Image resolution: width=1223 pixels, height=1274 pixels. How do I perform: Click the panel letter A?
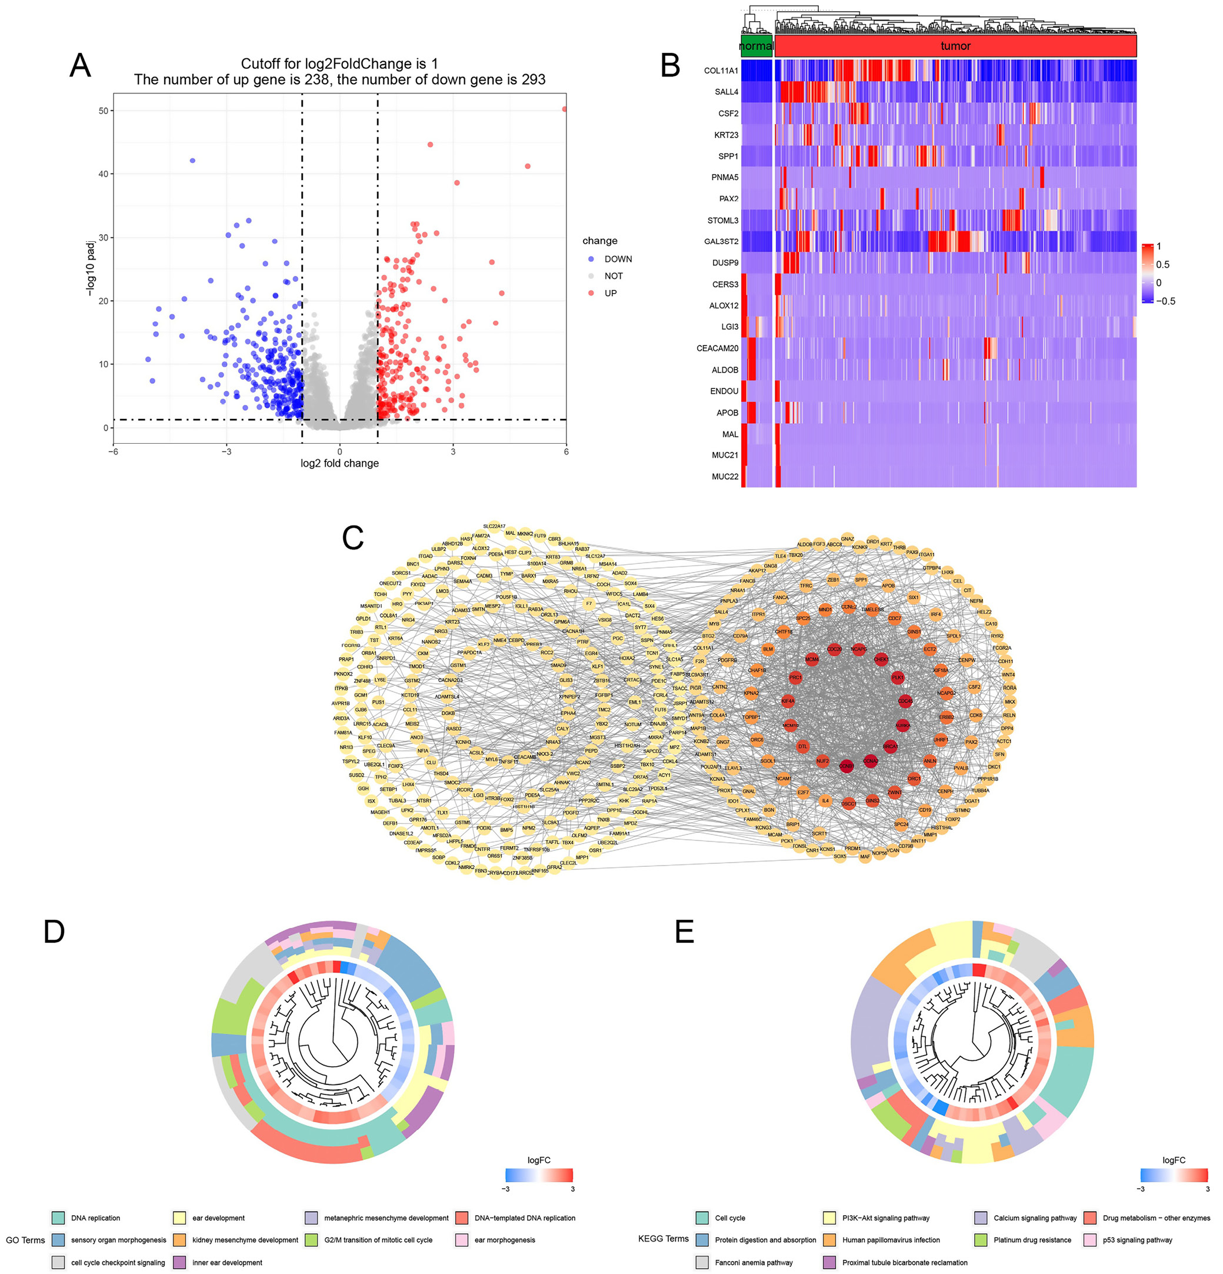[x=80, y=66]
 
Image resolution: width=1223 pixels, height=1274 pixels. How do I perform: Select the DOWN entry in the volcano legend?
[x=617, y=259]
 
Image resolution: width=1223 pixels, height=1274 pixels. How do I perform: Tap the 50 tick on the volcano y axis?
[x=104, y=111]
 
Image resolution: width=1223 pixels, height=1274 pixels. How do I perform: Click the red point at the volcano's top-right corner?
[x=564, y=109]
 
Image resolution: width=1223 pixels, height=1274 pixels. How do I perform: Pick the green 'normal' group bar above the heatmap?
[x=756, y=46]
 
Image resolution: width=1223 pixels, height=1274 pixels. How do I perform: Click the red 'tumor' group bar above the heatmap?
[x=955, y=46]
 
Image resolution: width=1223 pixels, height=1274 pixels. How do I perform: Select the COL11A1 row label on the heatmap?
[x=721, y=70]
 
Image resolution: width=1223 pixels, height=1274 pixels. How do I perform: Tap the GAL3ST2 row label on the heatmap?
[x=721, y=241]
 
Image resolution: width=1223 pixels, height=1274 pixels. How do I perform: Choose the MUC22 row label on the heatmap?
[x=725, y=477]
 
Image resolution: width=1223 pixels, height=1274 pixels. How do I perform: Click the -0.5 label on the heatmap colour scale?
[x=1166, y=301]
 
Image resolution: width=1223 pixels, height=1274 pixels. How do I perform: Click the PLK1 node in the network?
[x=898, y=677]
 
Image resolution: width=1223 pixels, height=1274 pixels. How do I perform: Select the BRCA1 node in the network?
[x=889, y=746]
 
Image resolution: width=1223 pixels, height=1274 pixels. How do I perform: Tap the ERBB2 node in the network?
[x=946, y=717]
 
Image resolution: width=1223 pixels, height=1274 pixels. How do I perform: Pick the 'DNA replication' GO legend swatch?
[x=58, y=1218]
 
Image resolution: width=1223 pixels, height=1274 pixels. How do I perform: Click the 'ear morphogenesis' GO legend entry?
[x=504, y=1239]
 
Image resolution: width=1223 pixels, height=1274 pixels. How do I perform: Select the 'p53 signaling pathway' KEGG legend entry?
[x=1137, y=1239]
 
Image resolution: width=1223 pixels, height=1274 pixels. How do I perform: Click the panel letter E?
[x=684, y=932]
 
